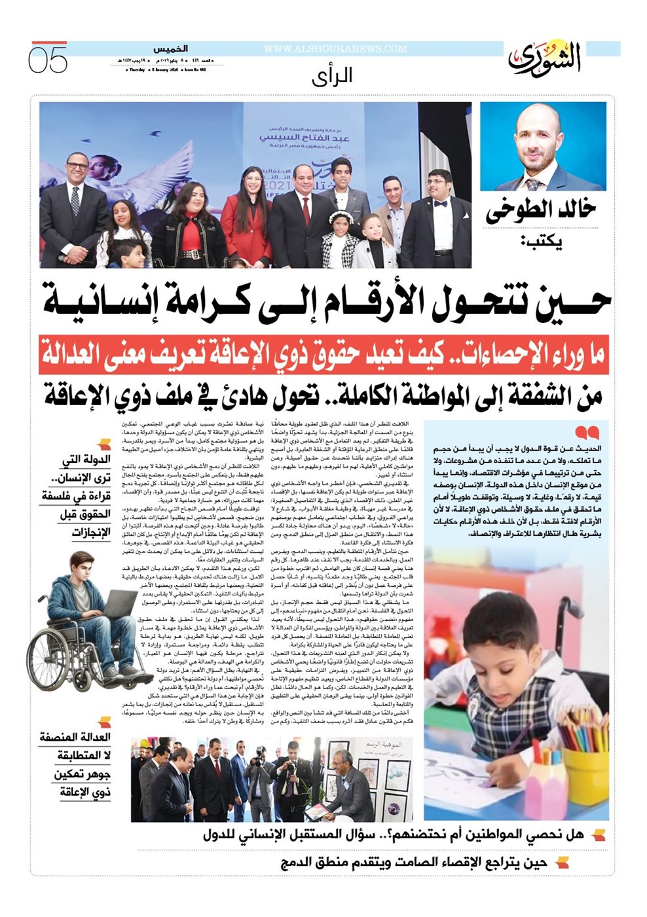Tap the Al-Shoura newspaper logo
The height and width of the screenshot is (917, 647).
[545, 59]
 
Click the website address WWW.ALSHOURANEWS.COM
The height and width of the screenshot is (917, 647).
[335, 49]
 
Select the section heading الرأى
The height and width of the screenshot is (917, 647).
[332, 76]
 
